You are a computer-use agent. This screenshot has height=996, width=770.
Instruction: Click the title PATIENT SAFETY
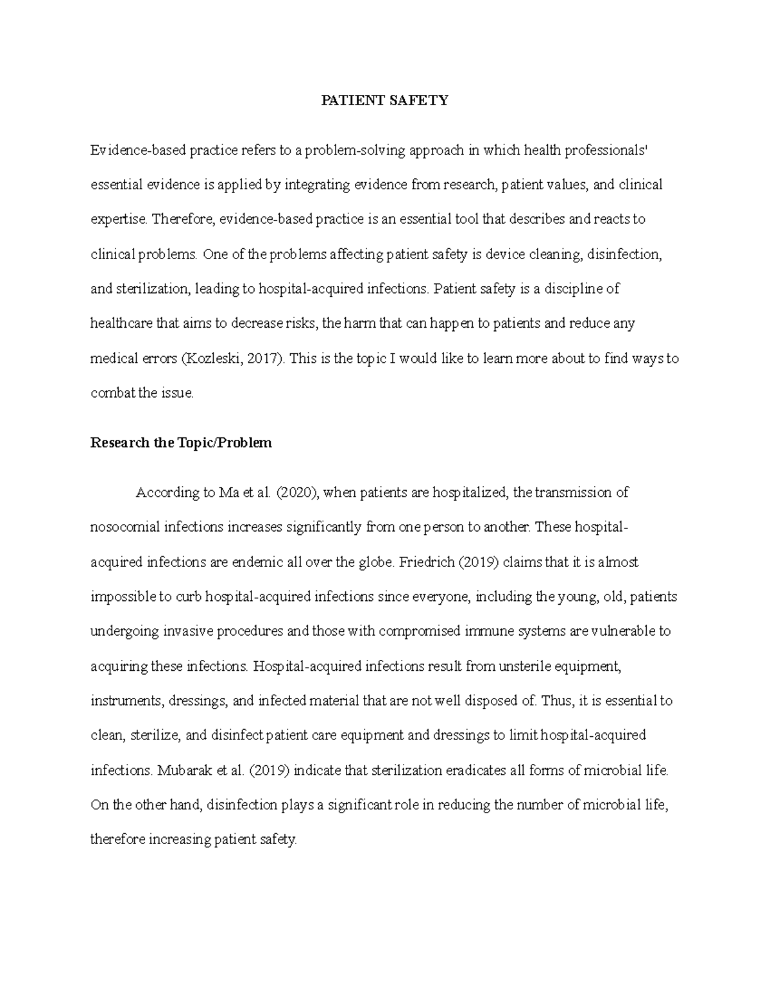click(384, 101)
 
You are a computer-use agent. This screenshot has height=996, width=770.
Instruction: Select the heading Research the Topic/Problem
click(181, 443)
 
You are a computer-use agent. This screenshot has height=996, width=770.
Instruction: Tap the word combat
click(112, 393)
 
